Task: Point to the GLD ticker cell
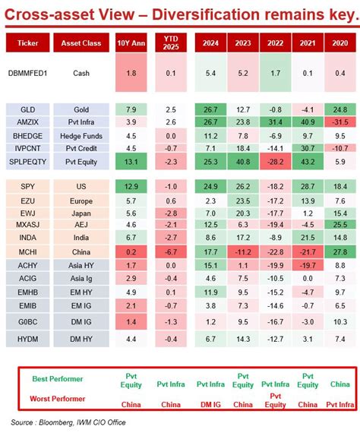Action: pyautogui.click(x=28, y=109)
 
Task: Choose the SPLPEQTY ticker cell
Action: pyautogui.click(x=28, y=161)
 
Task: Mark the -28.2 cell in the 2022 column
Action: pyautogui.click(x=273, y=161)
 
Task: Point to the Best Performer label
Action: pyautogui.click(x=58, y=378)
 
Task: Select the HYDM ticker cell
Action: pyautogui.click(x=28, y=339)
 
